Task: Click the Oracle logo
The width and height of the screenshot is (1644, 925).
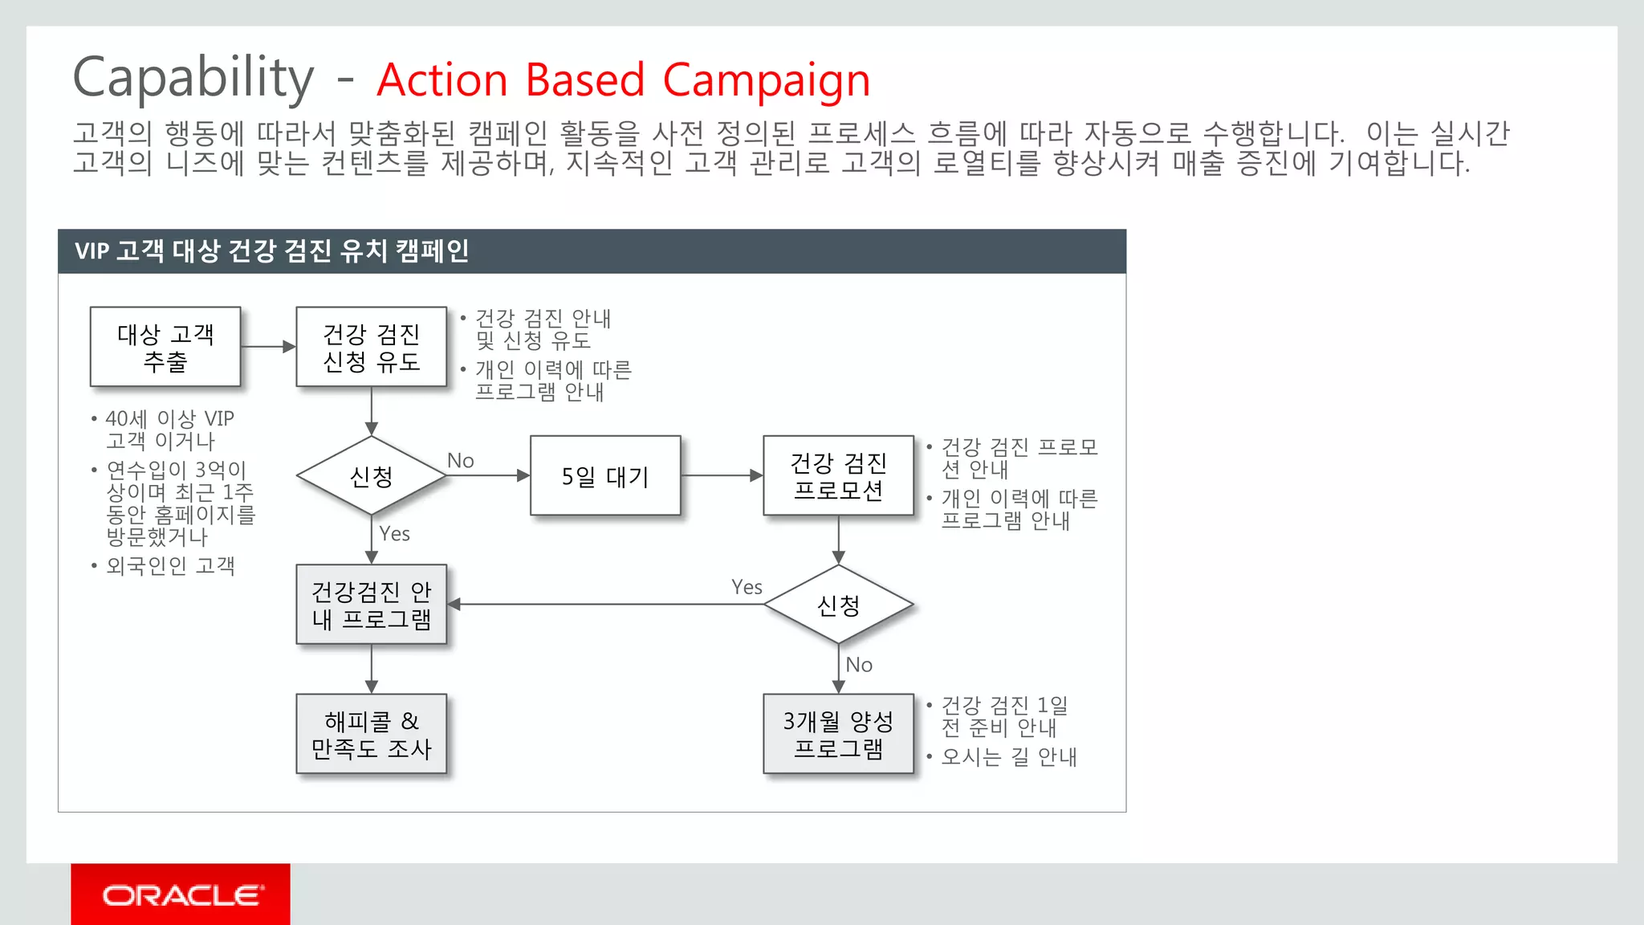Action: coord(181,894)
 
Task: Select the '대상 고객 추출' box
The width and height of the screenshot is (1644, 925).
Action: coord(165,347)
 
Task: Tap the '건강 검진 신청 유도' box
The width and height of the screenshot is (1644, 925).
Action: coord(371,347)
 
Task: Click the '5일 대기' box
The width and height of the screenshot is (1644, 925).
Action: coord(605,476)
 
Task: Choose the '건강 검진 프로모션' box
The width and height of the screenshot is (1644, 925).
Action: coord(838,476)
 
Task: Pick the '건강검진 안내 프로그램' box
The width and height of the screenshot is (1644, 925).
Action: coord(371,605)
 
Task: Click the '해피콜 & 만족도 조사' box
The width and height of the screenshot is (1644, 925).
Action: coord(371,734)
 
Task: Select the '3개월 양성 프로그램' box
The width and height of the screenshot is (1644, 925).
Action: coord(838,734)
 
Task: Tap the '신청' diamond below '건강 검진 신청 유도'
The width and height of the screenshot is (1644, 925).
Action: coord(371,476)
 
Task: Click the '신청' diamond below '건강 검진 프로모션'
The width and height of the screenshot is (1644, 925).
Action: coord(838,605)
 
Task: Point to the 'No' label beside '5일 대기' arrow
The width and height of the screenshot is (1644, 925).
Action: coord(461,461)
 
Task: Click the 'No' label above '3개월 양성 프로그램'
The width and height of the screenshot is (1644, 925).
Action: coord(859,665)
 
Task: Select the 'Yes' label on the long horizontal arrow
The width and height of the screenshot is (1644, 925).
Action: coord(747,587)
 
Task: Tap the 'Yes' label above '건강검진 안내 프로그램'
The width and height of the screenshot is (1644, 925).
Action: coord(394,534)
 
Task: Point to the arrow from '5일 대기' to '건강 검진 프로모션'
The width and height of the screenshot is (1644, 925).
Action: coord(722,475)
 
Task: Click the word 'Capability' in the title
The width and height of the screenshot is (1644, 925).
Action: coord(193,79)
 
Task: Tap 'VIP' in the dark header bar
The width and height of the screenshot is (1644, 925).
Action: coord(92,251)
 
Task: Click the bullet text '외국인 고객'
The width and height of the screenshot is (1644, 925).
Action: coord(170,566)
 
